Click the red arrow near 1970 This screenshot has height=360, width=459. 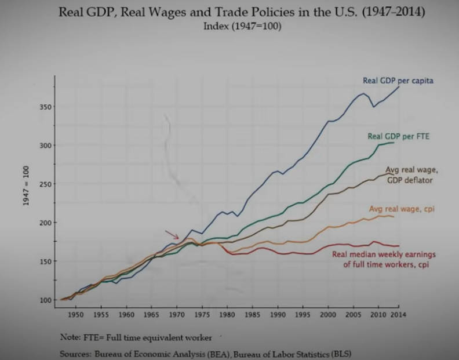[x=172, y=234]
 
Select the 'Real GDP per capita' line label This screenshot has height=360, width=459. [x=398, y=81]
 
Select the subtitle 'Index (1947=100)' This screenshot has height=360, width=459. [x=242, y=26]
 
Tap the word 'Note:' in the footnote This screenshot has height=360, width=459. [x=71, y=337]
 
